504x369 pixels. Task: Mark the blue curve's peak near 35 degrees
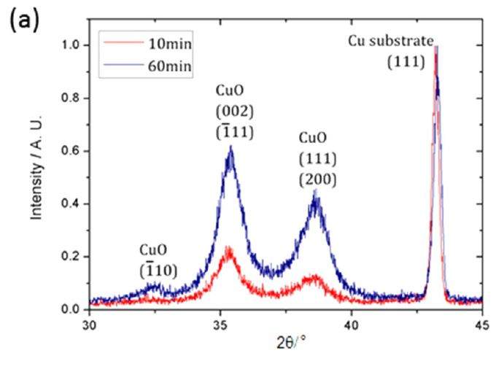click(230, 147)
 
